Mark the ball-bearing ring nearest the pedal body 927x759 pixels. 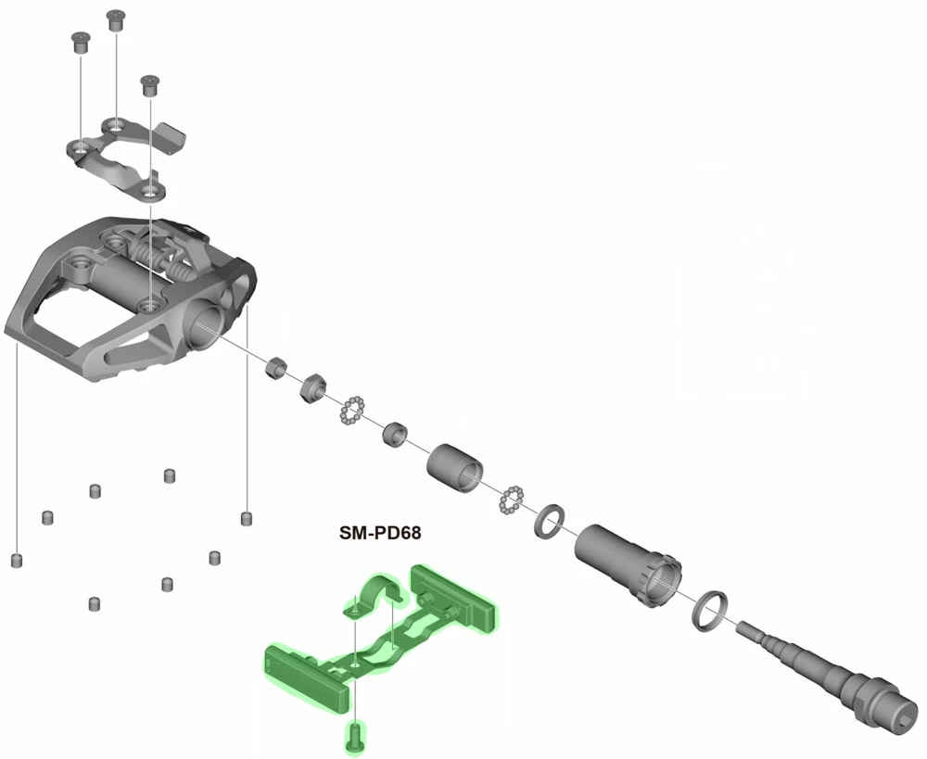353,409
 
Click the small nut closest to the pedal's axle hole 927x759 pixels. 275,369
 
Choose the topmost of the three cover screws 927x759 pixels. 116,19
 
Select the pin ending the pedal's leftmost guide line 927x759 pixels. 16,560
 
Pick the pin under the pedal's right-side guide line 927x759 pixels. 247,517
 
